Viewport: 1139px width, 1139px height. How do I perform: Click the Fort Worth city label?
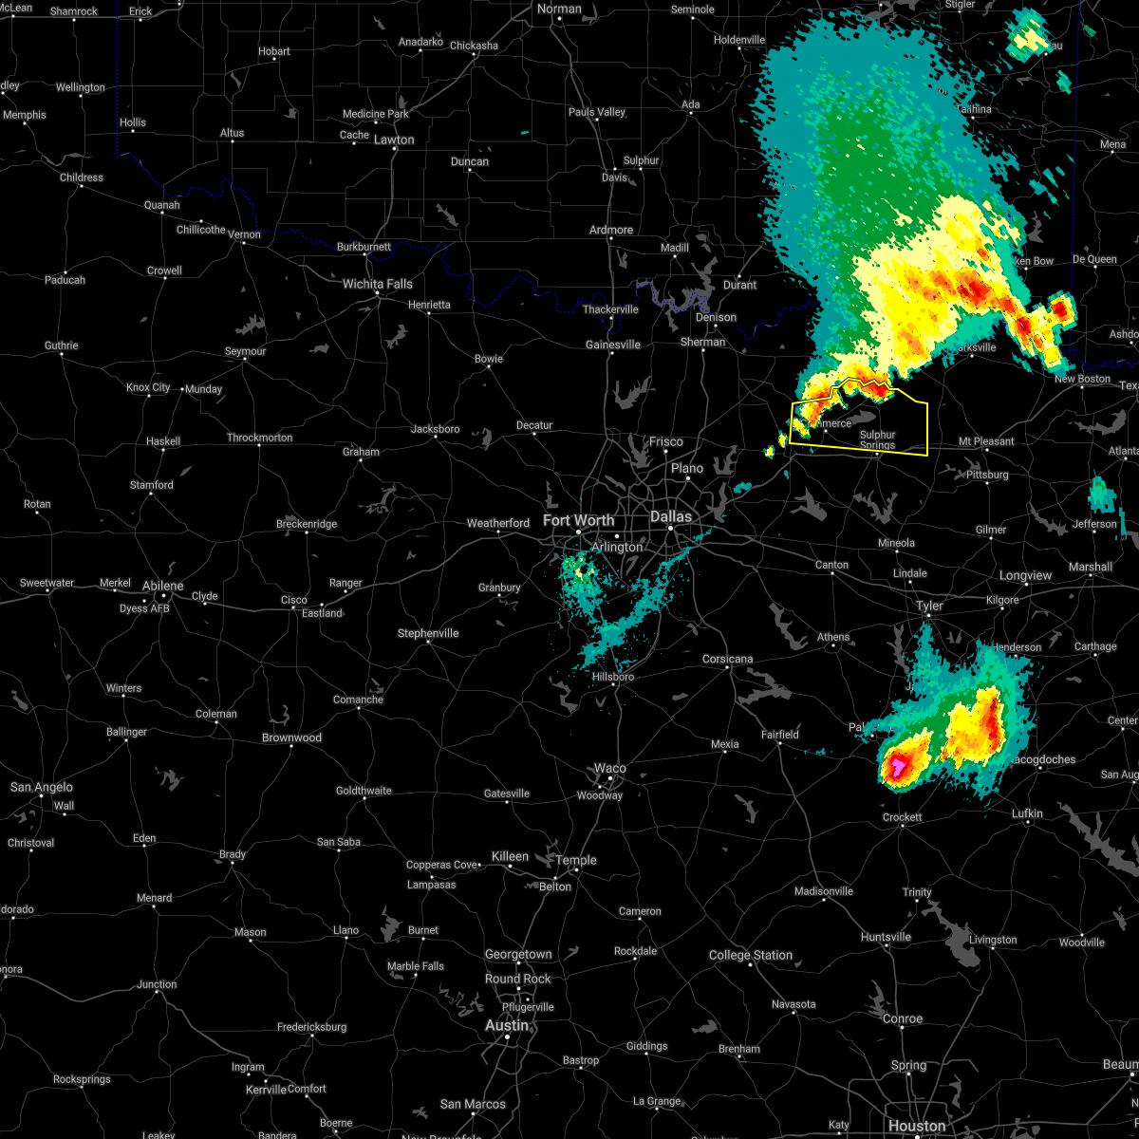[x=578, y=520]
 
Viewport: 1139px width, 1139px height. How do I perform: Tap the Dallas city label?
[x=671, y=516]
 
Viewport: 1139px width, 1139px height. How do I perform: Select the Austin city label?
[x=507, y=1025]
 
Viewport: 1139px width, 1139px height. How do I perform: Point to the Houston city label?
[x=917, y=1126]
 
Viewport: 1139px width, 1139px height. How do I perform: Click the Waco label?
[x=610, y=768]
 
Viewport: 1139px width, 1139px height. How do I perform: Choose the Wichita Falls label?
[x=377, y=284]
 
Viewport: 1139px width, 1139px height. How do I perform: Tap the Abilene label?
[x=162, y=586]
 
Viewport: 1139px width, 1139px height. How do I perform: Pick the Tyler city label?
[x=929, y=606]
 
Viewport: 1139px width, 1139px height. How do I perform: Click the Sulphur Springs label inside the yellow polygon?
[x=878, y=439]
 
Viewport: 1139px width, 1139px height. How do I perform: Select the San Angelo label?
[x=41, y=787]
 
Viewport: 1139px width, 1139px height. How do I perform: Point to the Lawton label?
[x=394, y=140]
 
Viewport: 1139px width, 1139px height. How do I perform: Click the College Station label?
[x=751, y=955]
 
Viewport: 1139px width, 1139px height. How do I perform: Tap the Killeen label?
[x=510, y=856]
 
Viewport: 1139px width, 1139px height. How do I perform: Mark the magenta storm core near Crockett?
[x=896, y=764]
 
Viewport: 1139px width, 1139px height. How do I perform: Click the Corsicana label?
[x=728, y=659]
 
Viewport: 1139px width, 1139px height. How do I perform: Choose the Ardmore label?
[x=611, y=230]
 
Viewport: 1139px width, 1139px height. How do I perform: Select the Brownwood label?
[x=292, y=738]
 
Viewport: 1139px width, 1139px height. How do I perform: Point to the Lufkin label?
[x=1027, y=813]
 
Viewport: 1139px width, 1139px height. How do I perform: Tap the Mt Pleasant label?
[x=986, y=441]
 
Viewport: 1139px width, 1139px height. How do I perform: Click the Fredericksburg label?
[x=311, y=1027]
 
